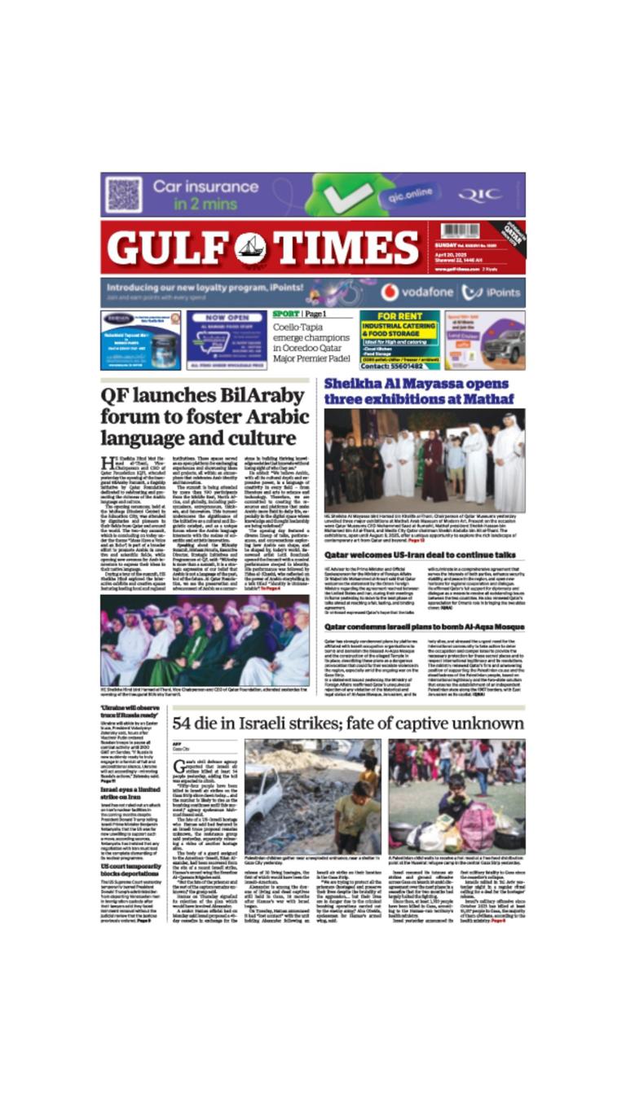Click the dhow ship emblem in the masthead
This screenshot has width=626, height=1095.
coord(250,247)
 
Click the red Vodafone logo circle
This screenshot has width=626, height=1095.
coord(390,292)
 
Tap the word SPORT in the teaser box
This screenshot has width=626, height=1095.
coord(285,314)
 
